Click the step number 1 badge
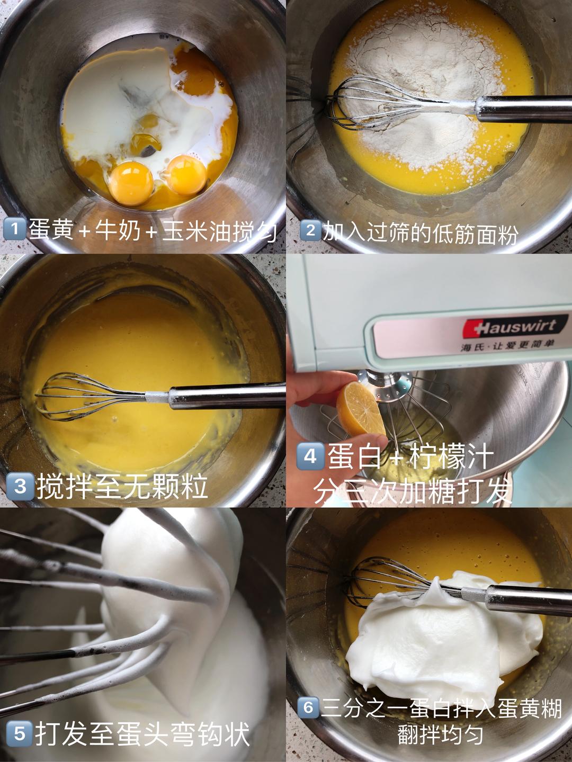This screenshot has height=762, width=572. [14, 229]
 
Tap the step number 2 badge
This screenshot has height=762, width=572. [310, 230]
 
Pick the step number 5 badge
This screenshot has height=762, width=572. [19, 733]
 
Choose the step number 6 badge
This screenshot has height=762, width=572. [308, 707]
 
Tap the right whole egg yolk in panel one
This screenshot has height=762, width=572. [186, 173]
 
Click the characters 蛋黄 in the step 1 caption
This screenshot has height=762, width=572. [51, 229]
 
